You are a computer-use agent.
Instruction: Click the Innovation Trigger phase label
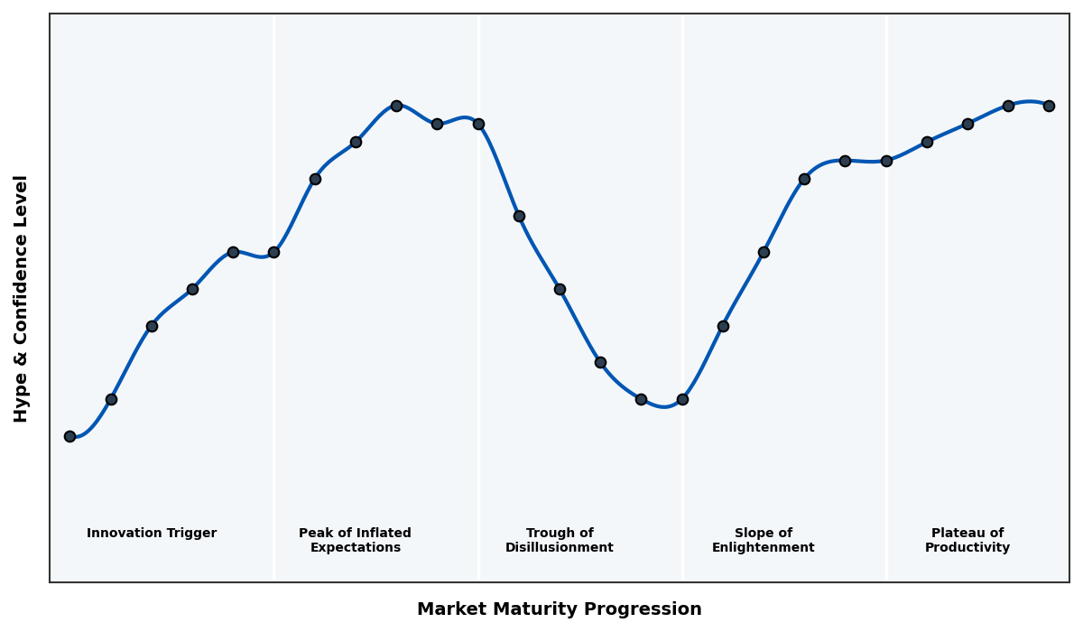[x=152, y=534]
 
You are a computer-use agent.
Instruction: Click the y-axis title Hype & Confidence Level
[x=22, y=298]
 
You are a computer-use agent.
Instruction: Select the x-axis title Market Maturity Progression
[x=560, y=609]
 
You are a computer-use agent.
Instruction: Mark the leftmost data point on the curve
[x=69, y=436]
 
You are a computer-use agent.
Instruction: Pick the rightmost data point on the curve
[x=1049, y=106]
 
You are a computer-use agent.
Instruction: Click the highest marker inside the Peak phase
[x=396, y=106]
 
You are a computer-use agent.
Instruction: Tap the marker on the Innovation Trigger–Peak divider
[x=273, y=252]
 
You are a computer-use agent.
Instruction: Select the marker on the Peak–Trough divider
[x=478, y=124]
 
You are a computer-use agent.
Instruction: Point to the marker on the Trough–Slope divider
[x=682, y=399]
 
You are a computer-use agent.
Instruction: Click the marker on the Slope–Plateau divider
[x=886, y=161]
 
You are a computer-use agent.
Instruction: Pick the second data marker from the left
[x=111, y=399]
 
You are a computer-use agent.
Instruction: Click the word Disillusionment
[x=560, y=548]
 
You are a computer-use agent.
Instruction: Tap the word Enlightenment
[x=763, y=548]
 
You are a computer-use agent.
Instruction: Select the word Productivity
[x=967, y=548]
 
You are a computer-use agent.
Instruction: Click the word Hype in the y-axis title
[x=22, y=403]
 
